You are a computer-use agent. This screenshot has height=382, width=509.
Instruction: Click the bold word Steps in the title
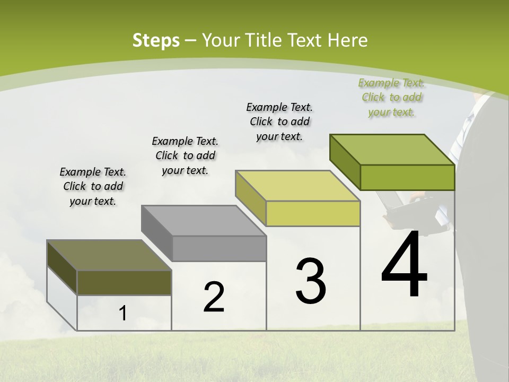156,40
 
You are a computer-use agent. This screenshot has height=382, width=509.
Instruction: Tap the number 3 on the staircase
311,281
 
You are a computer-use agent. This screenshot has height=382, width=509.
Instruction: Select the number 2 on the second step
214,297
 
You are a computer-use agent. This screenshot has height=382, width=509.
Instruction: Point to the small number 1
123,314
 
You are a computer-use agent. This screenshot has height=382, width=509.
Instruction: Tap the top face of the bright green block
392,150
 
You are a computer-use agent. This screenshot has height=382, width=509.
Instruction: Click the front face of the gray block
220,248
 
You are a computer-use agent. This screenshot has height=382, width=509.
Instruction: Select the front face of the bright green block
407,177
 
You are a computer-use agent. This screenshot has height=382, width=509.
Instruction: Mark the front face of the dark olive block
124,282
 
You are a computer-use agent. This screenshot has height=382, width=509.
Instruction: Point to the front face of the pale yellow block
313,213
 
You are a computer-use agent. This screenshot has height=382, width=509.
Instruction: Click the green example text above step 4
391,98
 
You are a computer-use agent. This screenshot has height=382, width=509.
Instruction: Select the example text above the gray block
185,155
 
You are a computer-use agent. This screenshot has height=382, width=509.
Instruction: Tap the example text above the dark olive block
93,186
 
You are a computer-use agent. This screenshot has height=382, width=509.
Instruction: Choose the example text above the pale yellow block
279,121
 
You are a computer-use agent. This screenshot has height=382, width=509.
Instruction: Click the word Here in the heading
348,40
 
